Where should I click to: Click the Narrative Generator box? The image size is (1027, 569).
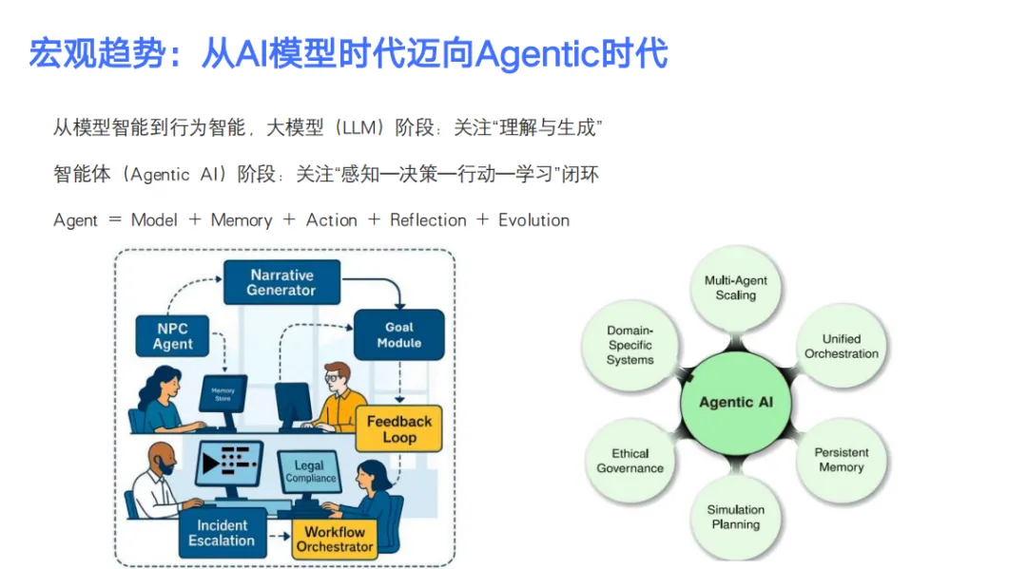tap(281, 282)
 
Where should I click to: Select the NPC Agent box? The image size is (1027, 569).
tap(173, 336)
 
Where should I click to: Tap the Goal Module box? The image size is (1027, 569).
tap(398, 334)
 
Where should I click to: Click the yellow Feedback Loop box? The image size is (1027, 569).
tap(399, 429)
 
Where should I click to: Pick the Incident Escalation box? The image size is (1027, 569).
tap(222, 533)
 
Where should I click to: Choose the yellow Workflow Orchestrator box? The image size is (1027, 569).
tap(334, 539)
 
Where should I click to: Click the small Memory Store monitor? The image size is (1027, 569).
tap(222, 394)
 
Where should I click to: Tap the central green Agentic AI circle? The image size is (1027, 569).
tap(736, 402)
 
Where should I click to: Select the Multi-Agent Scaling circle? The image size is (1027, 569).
tap(736, 288)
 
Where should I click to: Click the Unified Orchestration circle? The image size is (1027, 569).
tap(842, 346)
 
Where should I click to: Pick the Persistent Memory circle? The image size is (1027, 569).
tap(841, 460)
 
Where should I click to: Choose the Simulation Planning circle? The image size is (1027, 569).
tap(736, 517)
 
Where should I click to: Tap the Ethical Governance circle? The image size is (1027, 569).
tap(630, 461)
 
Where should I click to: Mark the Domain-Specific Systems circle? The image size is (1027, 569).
tap(630, 346)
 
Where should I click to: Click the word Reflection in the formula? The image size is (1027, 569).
tap(428, 220)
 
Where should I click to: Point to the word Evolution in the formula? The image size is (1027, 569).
tap(533, 220)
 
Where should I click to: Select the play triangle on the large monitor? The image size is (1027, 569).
tap(212, 464)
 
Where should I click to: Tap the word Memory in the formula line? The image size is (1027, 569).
tap(242, 220)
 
